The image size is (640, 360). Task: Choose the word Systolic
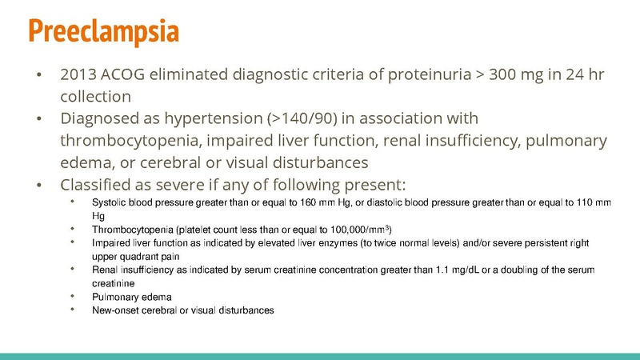tap(109, 202)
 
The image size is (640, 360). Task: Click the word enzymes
tap(334, 242)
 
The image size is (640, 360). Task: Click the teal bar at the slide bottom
tap(320, 355)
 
